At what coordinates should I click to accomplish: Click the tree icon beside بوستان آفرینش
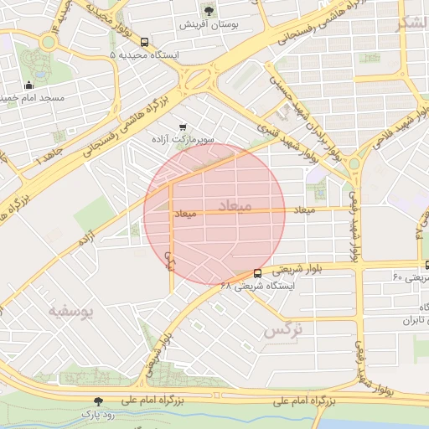coord(209,11)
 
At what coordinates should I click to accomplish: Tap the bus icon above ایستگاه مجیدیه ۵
coord(145,41)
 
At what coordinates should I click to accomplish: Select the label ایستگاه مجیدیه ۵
coord(143,54)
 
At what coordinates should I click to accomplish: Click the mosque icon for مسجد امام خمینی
coord(30,85)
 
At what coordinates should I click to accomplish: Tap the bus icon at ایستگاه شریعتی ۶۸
coord(256,272)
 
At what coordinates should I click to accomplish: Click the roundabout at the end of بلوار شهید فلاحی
coord(353,163)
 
